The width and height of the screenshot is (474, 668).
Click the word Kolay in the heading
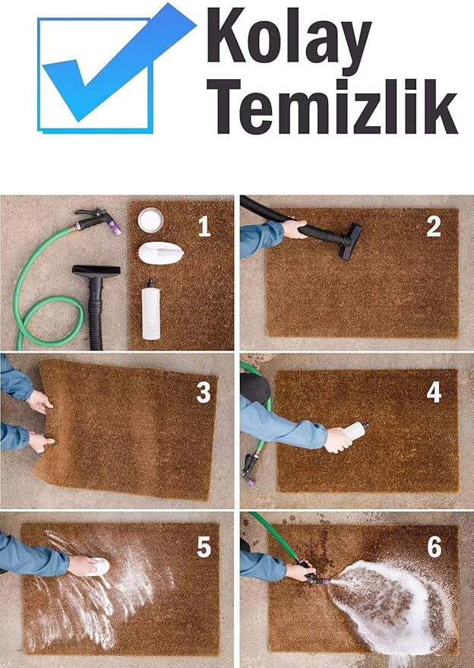(x=289, y=40)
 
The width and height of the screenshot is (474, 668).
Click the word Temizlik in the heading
(x=332, y=106)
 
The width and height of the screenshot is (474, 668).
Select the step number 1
(x=204, y=226)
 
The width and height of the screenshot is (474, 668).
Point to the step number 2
(x=434, y=226)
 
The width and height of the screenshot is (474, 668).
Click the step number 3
(x=204, y=392)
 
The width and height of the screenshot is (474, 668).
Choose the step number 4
(x=434, y=392)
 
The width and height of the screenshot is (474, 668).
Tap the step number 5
(x=204, y=546)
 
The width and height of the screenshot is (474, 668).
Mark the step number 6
(x=434, y=546)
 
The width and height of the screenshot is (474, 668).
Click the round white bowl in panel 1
(x=150, y=220)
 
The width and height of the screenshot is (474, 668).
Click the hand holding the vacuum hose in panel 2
(x=294, y=229)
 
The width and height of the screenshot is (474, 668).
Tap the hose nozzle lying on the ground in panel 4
(x=249, y=470)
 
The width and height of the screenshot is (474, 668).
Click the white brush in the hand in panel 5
(x=99, y=567)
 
